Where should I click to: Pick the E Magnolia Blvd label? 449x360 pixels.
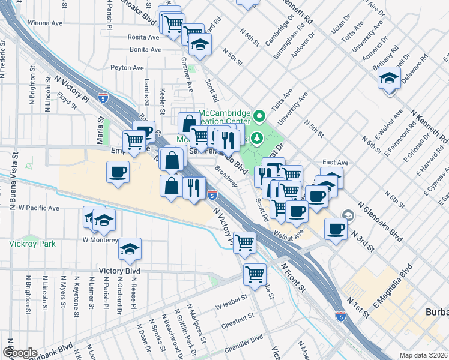393,288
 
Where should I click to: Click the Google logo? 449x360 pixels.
20,353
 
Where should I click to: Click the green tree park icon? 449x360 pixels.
258,139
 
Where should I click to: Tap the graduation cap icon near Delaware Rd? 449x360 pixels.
389,78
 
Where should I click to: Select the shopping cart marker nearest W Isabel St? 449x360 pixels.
255,274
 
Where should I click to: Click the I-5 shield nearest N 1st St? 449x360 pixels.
340,315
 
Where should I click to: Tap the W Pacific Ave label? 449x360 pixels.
39,208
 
